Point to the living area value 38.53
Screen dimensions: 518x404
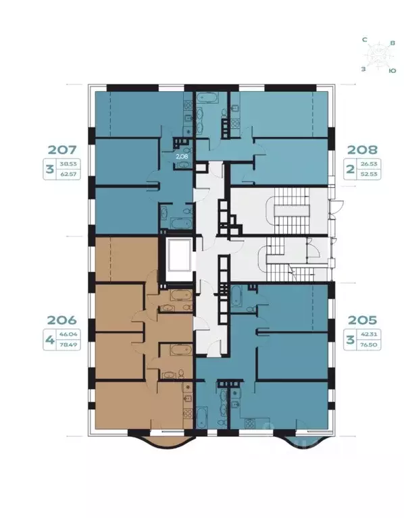point(67,163)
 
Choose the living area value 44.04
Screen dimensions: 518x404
point(67,334)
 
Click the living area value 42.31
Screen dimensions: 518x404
point(370,334)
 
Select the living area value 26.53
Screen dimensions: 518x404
point(370,163)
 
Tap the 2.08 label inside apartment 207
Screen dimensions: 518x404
point(182,156)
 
